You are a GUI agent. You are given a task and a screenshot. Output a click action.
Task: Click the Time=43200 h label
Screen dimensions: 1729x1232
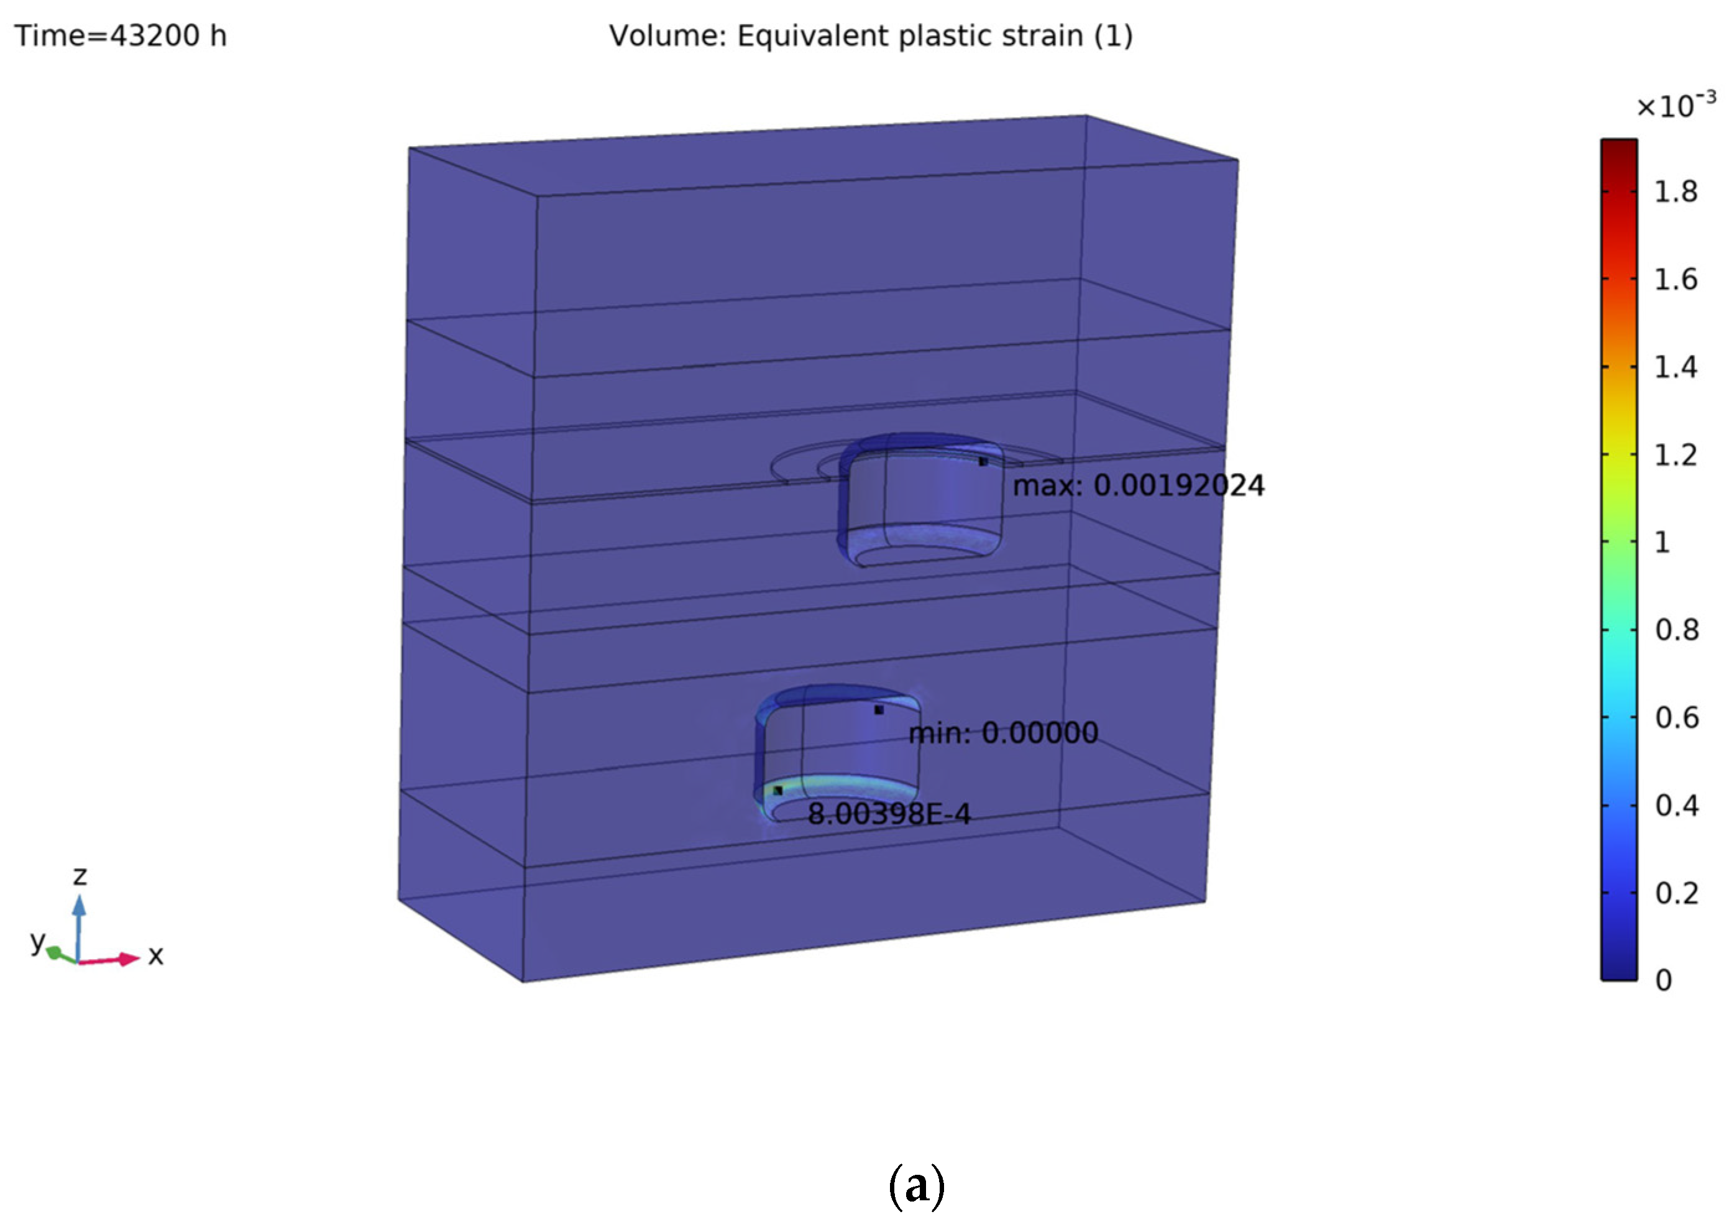point(121,35)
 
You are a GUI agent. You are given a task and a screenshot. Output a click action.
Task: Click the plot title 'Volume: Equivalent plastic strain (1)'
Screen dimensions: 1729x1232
point(871,35)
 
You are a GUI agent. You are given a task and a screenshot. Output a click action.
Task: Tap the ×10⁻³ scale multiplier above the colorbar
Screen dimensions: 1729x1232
point(1675,106)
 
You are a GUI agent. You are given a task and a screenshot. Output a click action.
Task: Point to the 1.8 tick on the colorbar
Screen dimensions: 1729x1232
point(1675,192)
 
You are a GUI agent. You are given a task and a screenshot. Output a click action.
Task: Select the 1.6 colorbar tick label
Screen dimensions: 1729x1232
point(1675,280)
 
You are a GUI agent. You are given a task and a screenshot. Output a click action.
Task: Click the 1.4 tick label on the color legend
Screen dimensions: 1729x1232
point(1675,367)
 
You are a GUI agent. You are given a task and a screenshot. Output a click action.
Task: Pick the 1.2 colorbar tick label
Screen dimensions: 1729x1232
point(1675,455)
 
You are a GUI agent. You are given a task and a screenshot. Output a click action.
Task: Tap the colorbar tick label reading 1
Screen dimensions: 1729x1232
point(1662,543)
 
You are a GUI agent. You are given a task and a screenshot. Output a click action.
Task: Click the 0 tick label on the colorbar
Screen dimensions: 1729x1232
point(1663,980)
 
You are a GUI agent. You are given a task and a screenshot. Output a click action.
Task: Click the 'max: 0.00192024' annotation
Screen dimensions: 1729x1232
point(1138,485)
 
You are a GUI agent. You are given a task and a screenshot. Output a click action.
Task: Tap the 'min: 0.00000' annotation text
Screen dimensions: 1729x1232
point(1002,733)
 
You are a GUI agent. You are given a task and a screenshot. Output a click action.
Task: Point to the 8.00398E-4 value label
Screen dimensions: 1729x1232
point(889,814)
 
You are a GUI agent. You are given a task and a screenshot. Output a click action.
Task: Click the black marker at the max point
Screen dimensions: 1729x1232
point(983,461)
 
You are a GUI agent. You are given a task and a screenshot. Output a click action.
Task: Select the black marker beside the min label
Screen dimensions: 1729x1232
point(879,710)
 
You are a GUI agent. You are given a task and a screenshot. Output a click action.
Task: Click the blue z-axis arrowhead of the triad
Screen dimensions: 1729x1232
point(79,906)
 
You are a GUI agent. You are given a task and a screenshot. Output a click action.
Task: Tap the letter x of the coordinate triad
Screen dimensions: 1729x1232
point(155,956)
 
